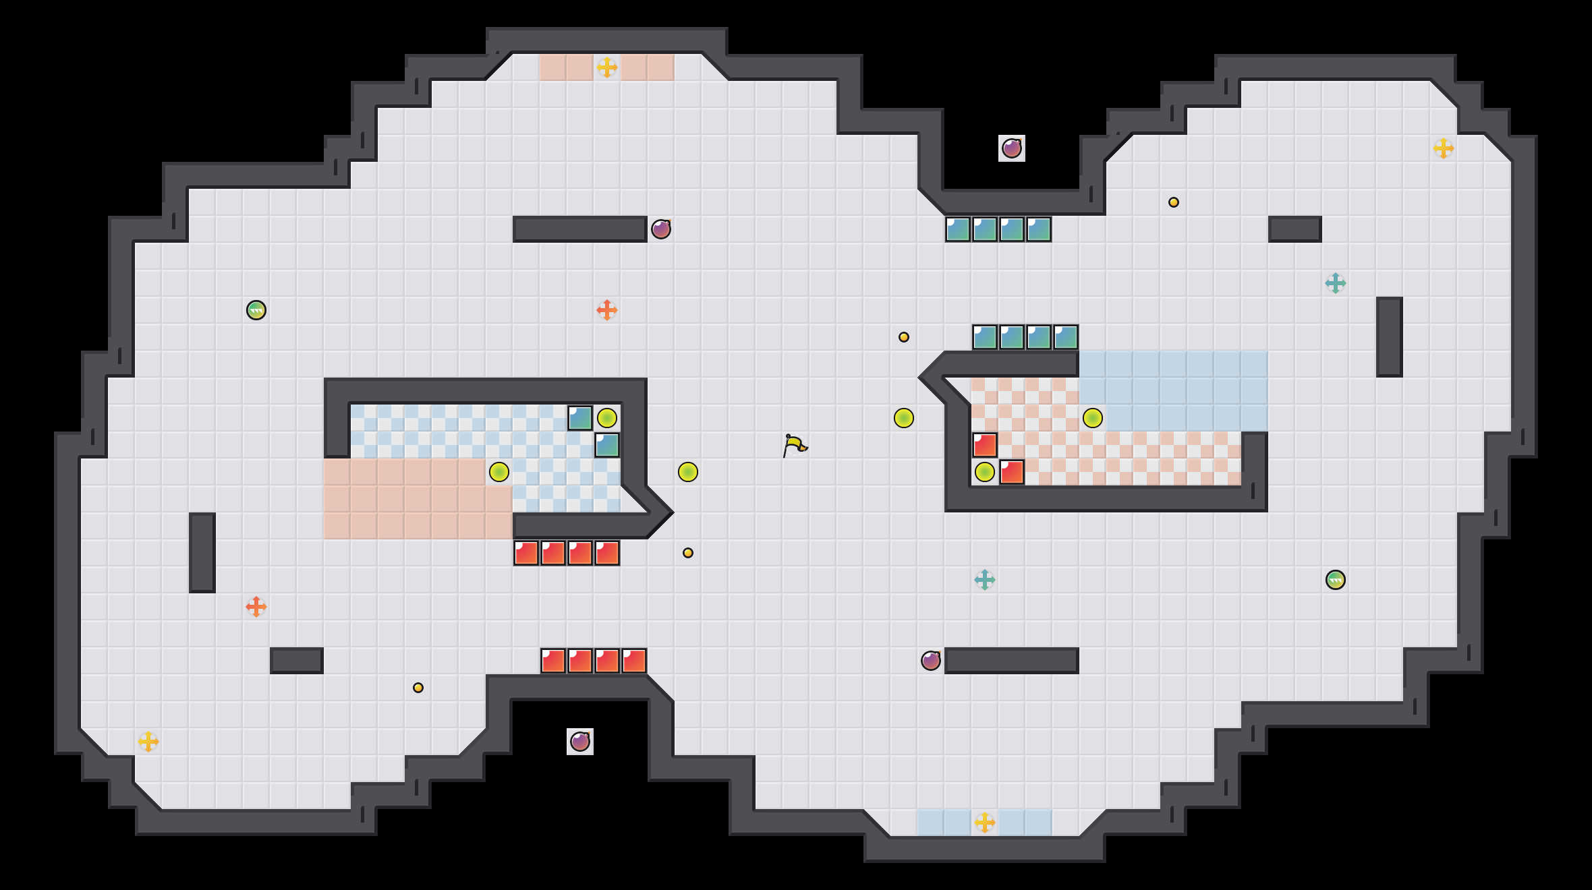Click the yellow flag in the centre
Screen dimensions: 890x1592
point(794,445)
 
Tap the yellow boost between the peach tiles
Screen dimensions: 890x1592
point(606,67)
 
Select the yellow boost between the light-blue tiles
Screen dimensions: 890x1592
point(984,823)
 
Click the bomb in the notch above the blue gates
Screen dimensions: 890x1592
point(1011,148)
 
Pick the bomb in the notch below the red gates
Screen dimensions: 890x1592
point(579,742)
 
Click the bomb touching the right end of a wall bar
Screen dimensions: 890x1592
point(660,229)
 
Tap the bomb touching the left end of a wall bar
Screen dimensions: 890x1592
point(930,661)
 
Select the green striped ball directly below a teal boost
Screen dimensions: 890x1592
point(1335,580)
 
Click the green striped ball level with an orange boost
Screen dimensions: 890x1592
point(256,310)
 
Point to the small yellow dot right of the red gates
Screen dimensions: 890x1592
point(687,553)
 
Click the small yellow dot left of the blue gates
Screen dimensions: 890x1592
point(903,337)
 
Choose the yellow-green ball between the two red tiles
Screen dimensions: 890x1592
point(984,472)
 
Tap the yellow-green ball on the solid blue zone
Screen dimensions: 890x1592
point(1092,418)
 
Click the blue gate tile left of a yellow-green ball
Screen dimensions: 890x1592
point(579,418)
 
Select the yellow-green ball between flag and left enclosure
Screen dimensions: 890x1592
point(687,472)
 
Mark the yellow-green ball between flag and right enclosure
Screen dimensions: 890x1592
point(903,418)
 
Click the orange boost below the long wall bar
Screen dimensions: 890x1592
point(606,310)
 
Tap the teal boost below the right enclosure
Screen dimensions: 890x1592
point(984,580)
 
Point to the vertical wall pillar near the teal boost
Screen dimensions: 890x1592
point(1389,337)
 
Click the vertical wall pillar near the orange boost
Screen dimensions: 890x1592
point(202,553)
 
